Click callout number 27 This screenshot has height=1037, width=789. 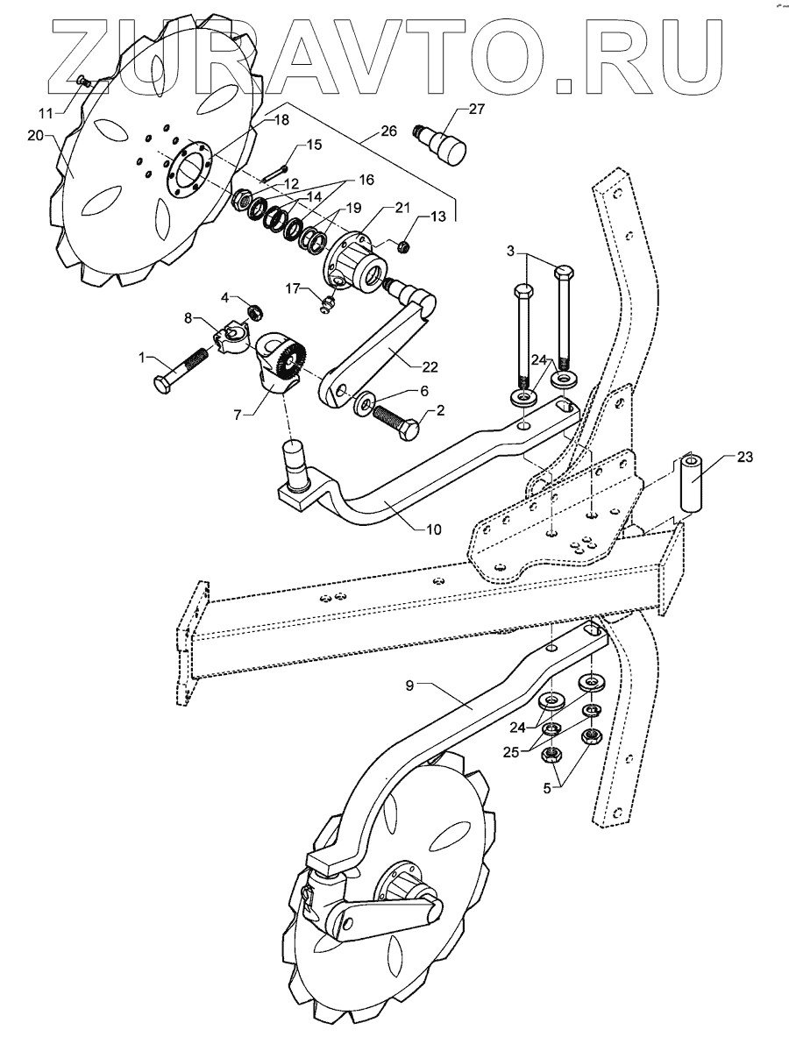[475, 110]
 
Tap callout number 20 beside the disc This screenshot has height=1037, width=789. [35, 136]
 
